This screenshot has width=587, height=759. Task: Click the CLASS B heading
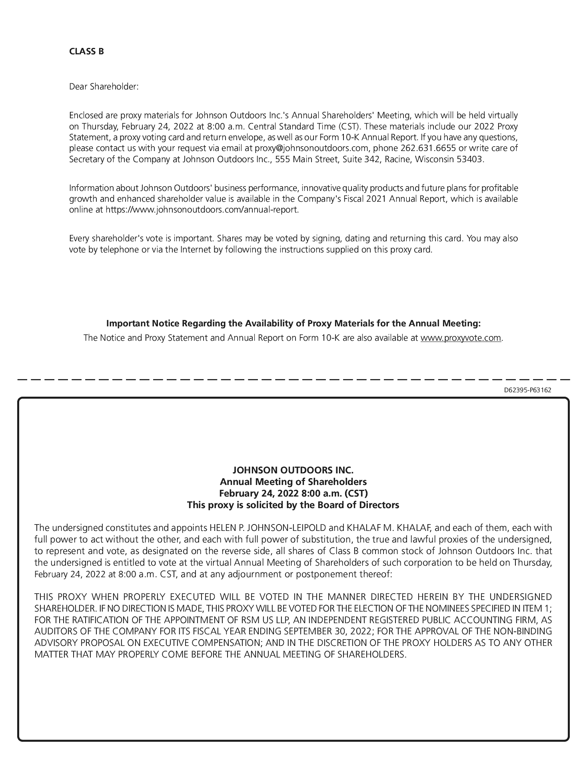(x=86, y=52)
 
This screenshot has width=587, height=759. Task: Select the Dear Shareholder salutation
(x=104, y=86)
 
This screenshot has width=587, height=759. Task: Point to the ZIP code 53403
(x=470, y=159)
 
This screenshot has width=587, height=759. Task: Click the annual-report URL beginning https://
(x=202, y=210)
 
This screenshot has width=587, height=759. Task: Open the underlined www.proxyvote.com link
(x=461, y=338)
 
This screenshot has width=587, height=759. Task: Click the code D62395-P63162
(x=527, y=390)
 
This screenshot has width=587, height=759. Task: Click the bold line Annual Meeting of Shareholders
(x=293, y=481)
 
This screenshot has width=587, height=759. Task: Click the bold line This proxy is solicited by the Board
(x=293, y=505)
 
